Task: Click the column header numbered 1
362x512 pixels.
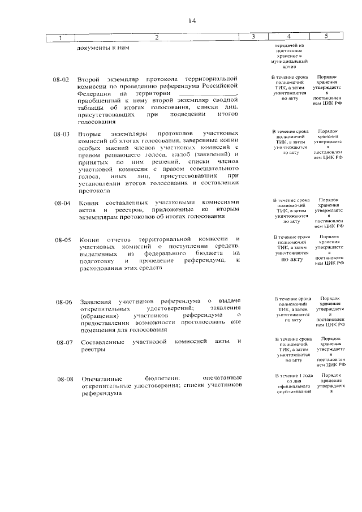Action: (59, 38)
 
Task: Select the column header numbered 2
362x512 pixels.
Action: (157, 37)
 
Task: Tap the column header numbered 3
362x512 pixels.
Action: (253, 37)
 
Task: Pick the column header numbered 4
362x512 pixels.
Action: (289, 37)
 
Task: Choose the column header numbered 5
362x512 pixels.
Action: (326, 37)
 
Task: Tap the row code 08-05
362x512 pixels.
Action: (63, 240)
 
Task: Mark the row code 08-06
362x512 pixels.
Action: (63, 302)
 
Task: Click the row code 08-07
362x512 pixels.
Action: (63, 343)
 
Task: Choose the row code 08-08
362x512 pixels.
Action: (63, 378)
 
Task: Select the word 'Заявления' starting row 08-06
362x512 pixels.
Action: (94, 302)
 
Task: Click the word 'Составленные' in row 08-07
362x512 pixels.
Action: (102, 342)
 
